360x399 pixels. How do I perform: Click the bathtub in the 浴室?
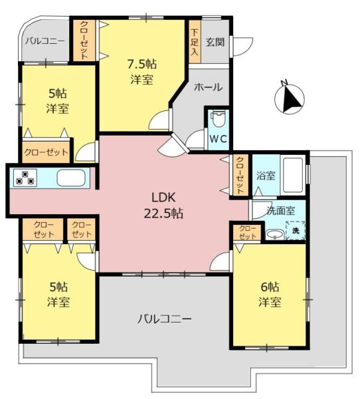pos(292,174)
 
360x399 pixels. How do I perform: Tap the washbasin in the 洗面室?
pos(273,234)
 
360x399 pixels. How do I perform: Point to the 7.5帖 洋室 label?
pos(141,71)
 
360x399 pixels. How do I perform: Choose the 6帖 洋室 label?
pos(270,294)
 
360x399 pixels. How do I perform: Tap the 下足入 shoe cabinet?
pos(194,41)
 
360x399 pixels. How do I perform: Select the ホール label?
pos(209,87)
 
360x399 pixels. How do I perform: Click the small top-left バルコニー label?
pos(45,41)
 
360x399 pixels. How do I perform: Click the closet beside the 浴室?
pos(239,175)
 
